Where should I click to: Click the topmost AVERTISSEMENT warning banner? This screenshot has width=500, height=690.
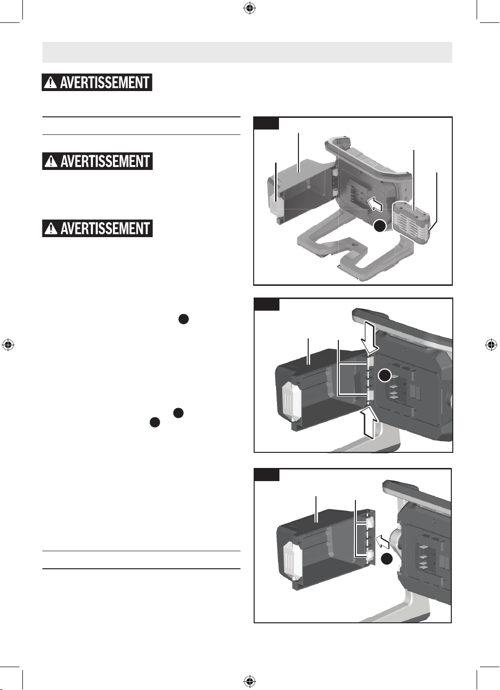point(97,82)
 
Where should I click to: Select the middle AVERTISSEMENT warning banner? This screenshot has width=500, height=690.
point(97,161)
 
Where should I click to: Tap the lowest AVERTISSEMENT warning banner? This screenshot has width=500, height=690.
point(97,228)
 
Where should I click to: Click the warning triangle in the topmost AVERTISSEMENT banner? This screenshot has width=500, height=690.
point(51,83)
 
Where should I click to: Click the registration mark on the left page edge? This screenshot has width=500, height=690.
point(8,345)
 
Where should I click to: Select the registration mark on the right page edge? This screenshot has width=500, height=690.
point(491,345)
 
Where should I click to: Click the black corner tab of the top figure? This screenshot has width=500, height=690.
point(266,123)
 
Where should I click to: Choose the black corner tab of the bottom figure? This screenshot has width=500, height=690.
point(266,475)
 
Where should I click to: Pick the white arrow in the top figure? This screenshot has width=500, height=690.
point(375,204)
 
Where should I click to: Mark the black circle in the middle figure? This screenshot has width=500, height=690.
point(385,376)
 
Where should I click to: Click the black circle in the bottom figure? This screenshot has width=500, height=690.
point(387,559)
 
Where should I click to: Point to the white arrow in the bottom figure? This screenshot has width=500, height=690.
point(382,541)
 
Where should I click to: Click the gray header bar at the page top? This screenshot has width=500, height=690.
point(247,53)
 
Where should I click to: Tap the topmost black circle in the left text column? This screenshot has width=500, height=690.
point(184,319)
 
